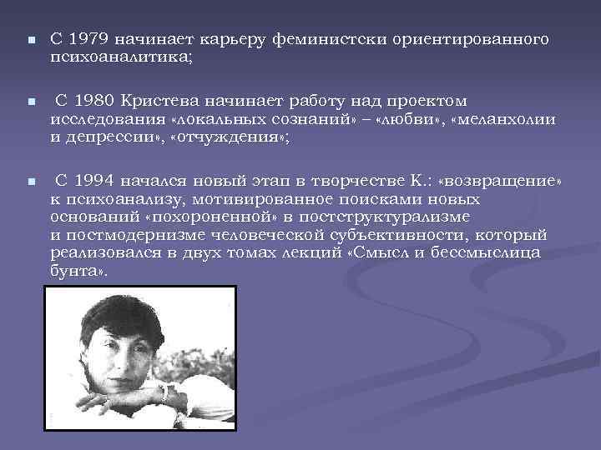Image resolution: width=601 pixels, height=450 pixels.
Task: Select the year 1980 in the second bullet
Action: (93, 101)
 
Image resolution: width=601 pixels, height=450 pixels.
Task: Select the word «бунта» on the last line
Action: (73, 272)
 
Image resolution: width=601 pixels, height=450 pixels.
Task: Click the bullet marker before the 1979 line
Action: (29, 40)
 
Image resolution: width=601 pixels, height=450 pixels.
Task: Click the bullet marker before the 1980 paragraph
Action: (29, 102)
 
